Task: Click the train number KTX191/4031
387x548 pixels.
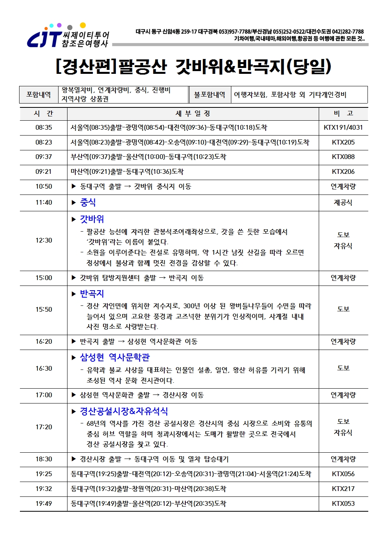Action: point(343,127)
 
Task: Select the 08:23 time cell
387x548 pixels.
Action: point(43,142)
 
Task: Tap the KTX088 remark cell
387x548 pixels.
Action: point(343,157)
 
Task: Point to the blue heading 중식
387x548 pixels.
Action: point(88,202)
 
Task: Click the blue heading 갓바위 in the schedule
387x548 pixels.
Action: point(92,219)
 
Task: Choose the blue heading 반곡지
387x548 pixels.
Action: point(92,293)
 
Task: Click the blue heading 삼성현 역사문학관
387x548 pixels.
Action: point(115,357)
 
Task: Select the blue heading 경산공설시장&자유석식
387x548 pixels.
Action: point(124,411)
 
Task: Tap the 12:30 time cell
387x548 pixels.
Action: point(43,240)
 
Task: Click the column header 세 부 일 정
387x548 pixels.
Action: point(193,113)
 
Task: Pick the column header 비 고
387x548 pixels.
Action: point(343,113)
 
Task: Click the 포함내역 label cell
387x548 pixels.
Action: point(39,95)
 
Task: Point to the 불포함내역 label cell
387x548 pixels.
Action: point(209,95)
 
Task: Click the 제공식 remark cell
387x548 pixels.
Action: point(343,202)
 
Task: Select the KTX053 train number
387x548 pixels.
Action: point(343,503)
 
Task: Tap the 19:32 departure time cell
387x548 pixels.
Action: point(43,489)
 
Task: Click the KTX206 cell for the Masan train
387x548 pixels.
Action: point(343,171)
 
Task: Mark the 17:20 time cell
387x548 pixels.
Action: point(43,427)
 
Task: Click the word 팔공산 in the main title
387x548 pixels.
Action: point(142,66)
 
